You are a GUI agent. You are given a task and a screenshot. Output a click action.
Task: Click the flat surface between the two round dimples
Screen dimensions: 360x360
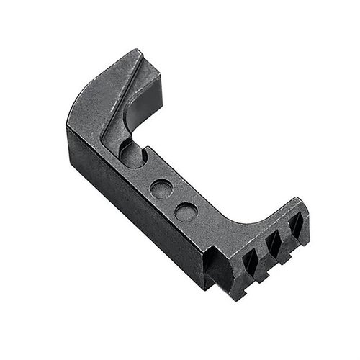[x=173, y=200]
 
